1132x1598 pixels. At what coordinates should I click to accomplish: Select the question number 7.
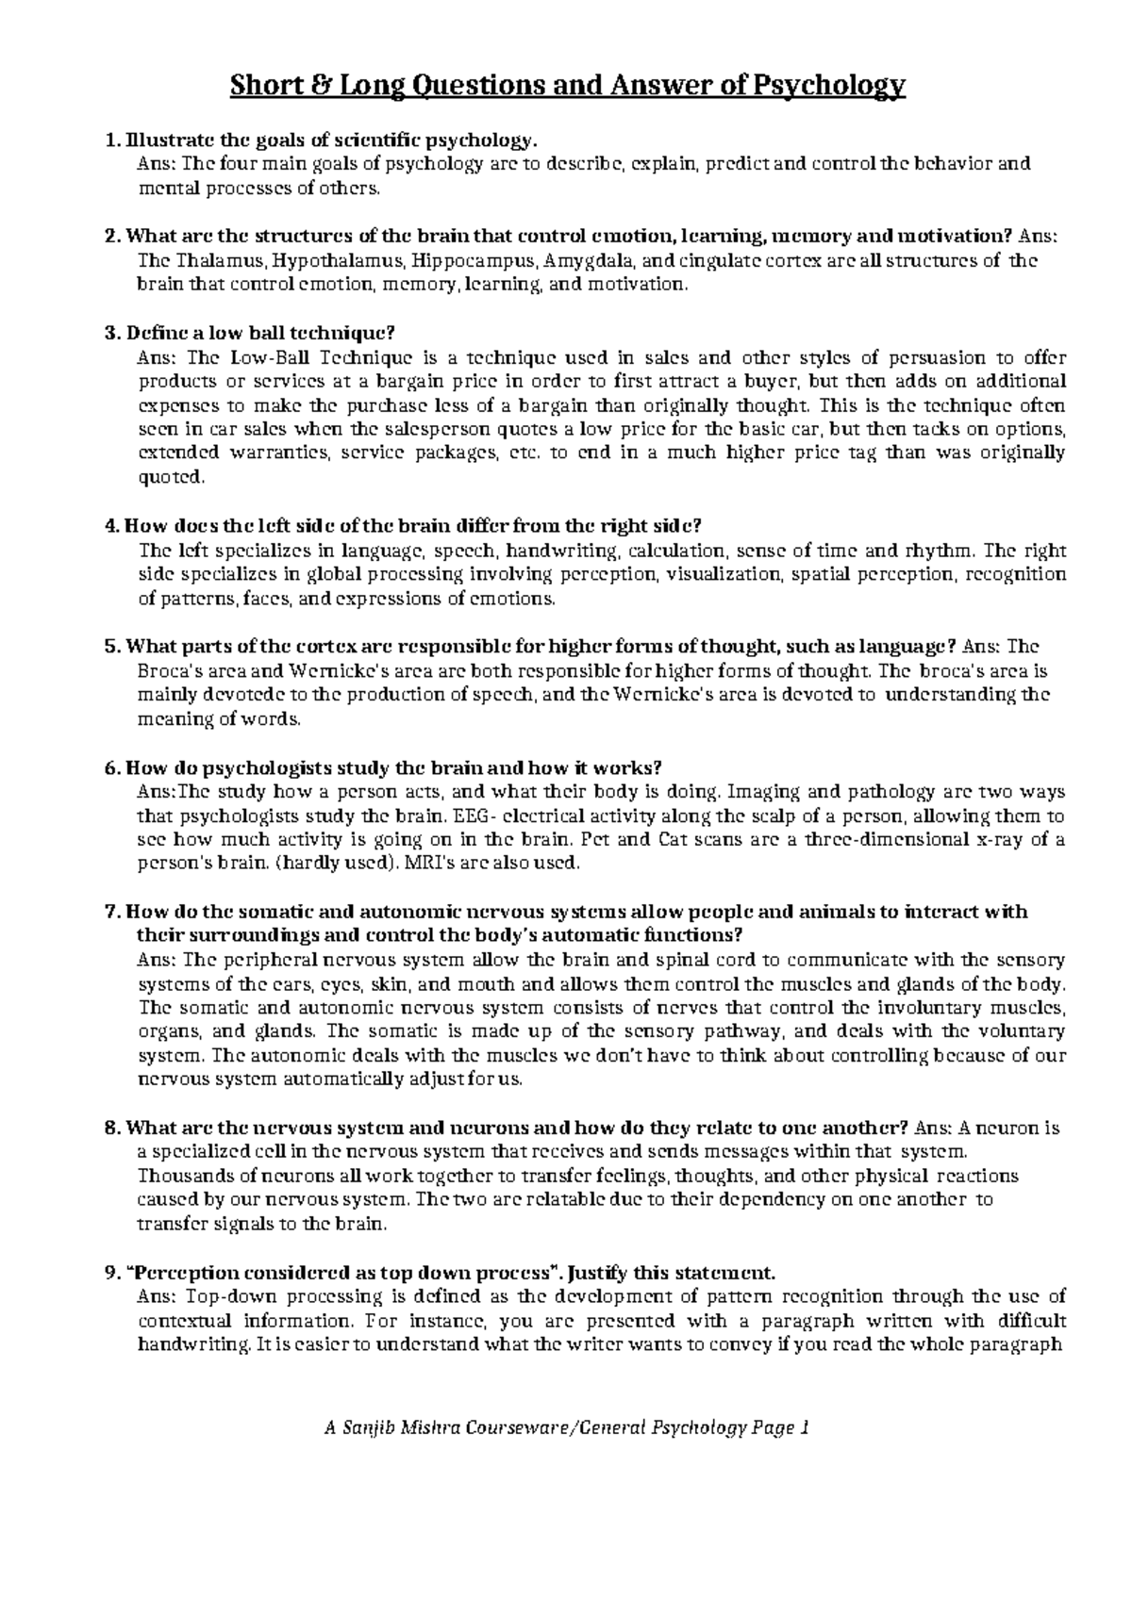pyautogui.click(x=111, y=912)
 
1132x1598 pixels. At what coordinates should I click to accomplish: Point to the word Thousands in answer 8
pyautogui.click(x=179, y=1177)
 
